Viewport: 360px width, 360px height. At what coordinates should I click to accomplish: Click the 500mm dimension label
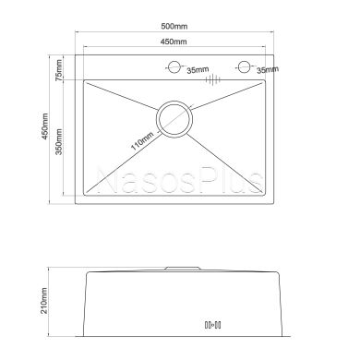coord(174,26)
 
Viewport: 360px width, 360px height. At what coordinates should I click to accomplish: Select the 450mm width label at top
coord(174,42)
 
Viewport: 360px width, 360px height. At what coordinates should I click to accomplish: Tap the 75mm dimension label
coord(58,70)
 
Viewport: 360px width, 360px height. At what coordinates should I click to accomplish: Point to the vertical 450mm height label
coord(45,126)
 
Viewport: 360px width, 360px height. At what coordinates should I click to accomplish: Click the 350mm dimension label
coord(59,142)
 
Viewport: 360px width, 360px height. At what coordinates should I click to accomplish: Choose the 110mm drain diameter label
coord(142,141)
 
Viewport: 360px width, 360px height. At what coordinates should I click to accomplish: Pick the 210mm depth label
coord(44,301)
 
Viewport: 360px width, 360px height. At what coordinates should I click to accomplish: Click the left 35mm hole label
coord(198,70)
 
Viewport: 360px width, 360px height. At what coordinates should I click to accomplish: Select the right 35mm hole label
coord(268,70)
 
